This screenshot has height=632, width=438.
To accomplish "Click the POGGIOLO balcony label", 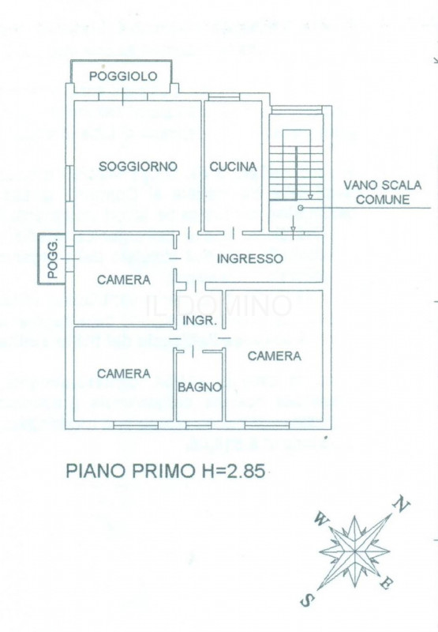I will (x=123, y=76).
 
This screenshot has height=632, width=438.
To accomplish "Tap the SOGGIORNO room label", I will (x=138, y=167).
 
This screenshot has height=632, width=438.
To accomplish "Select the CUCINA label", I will (x=233, y=167).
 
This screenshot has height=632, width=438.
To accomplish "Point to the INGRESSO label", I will (x=249, y=258).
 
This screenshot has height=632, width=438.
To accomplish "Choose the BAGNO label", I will (x=200, y=387).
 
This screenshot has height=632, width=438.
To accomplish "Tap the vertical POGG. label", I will (x=53, y=258).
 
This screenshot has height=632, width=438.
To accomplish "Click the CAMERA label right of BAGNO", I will (x=275, y=356).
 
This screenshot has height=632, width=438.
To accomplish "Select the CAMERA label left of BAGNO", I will (x=124, y=374).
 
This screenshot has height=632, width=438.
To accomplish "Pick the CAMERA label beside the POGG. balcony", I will (x=124, y=280).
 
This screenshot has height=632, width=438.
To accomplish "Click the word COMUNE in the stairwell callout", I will (x=382, y=200).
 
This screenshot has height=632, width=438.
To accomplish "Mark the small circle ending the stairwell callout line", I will (x=301, y=207).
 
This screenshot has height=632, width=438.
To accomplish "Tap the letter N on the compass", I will (x=402, y=503).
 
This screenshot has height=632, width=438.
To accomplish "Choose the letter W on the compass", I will (x=320, y=519).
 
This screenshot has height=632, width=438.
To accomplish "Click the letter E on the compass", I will (x=386, y=585).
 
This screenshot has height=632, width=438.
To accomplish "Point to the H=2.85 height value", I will (x=229, y=472).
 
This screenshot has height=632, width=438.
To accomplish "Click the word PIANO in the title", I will (x=95, y=472).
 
